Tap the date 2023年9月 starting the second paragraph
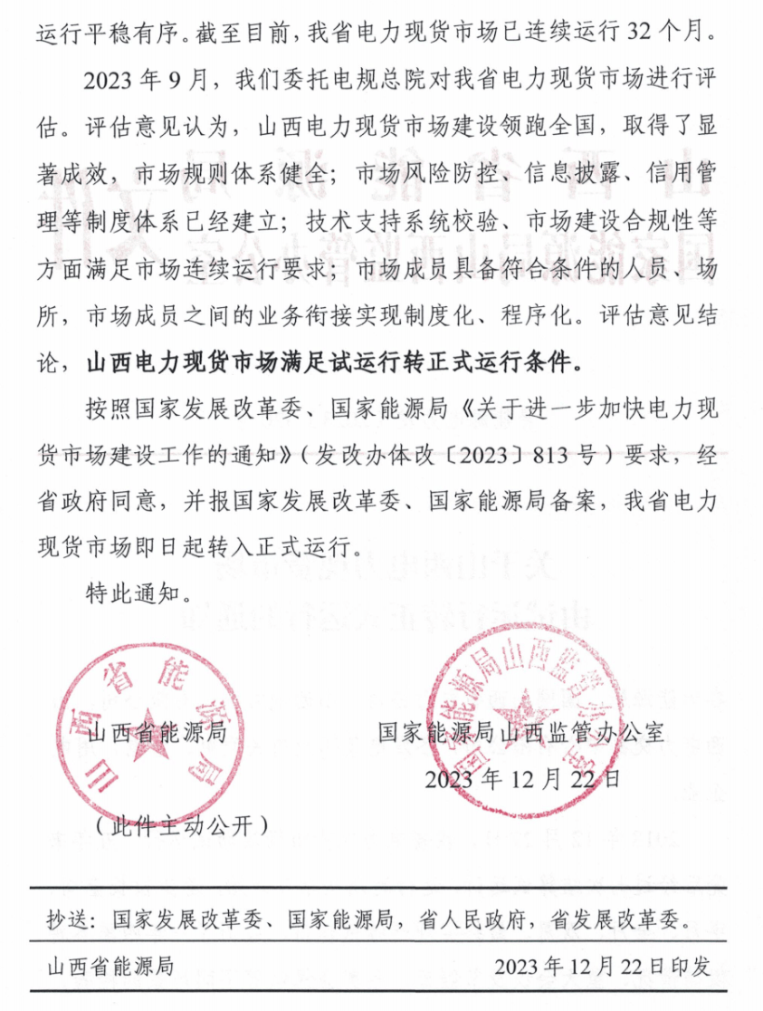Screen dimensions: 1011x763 144,79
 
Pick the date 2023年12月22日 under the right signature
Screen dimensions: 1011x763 523,777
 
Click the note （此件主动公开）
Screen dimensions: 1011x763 181,824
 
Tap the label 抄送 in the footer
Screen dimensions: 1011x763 69,922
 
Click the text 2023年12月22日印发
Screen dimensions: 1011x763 603,968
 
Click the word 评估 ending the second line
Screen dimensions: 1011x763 697,79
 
